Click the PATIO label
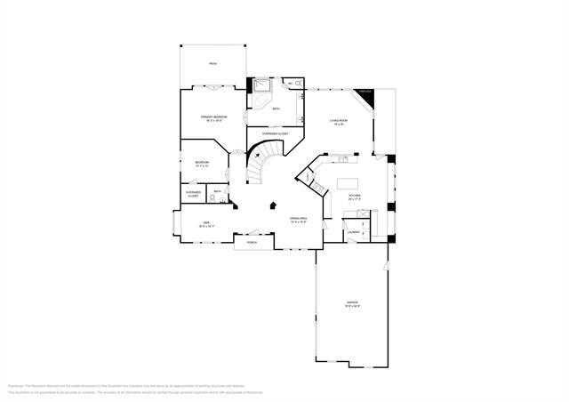[212, 64]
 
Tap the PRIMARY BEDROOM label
[213, 118]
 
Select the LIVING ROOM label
[338, 121]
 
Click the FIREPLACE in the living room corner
[365, 93]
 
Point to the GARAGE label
[353, 303]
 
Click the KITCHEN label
[354, 197]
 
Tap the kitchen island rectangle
[347, 185]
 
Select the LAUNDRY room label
[353, 232]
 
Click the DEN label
[205, 223]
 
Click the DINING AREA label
[298, 219]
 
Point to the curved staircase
[260, 165]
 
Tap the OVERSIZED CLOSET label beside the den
[193, 193]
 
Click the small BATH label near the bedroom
[218, 191]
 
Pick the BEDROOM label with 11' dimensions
[202, 163]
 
